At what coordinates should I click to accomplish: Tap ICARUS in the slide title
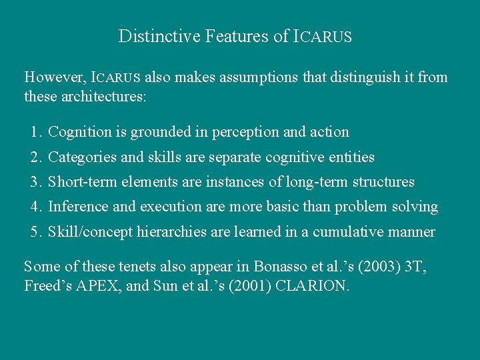coord(322,37)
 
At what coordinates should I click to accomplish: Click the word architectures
coord(104,97)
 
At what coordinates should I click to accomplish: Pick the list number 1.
coord(35,132)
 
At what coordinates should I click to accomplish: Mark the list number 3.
coord(35,182)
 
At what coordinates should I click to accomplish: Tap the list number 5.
coord(35,233)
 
